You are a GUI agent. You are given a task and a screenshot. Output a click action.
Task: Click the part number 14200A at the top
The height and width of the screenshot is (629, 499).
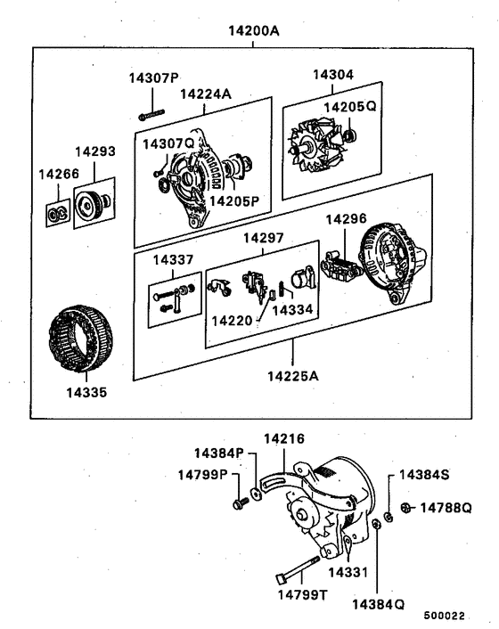(255, 30)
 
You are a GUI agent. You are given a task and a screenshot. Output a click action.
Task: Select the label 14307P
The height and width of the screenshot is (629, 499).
(153, 78)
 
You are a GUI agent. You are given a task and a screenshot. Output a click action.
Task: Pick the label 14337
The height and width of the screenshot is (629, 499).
(172, 259)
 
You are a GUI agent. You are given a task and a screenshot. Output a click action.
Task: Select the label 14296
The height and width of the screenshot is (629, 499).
(346, 217)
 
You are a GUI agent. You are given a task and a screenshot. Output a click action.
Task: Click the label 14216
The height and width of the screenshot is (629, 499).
(285, 439)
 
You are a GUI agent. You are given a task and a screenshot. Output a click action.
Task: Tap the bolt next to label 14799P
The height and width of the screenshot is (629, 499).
(238, 505)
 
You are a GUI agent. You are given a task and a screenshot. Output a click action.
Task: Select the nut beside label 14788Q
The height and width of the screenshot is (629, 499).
(406, 509)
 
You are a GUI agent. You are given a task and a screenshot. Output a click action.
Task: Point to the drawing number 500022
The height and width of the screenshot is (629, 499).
(445, 616)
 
